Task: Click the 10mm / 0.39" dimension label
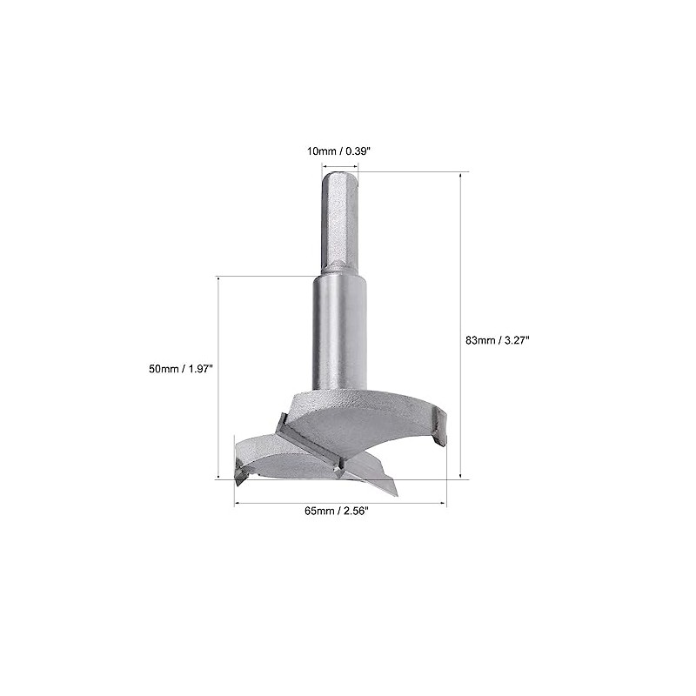click(x=338, y=151)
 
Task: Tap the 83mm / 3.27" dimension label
click(x=498, y=340)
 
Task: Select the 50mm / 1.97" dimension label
click(x=181, y=369)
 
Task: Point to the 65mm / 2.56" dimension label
click(x=337, y=511)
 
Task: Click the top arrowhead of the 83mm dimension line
click(x=461, y=176)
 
